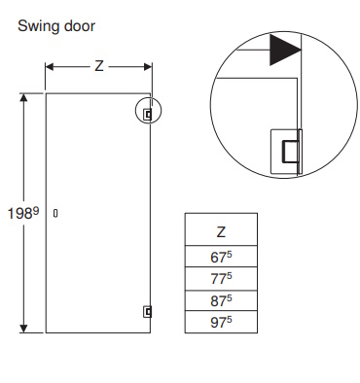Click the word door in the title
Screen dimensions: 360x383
80,26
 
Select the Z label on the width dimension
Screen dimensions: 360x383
99,66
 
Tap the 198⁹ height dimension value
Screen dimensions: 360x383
23,214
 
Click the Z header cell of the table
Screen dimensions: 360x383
221,229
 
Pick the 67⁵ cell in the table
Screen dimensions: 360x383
221,257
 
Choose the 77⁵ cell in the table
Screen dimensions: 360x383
221,278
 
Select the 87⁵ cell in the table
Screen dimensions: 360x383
221,300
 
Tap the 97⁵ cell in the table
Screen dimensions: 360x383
221,322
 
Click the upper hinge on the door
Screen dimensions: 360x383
148,114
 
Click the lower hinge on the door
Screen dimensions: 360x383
148,312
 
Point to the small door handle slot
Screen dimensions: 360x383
55,213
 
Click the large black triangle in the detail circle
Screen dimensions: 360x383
283,50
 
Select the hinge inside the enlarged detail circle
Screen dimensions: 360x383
286,152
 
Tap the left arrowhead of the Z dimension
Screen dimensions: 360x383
49,67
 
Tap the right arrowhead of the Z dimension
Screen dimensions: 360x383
148,67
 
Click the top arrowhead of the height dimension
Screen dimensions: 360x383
23,97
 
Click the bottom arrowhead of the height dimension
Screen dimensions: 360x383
23,329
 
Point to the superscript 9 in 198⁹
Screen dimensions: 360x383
36,211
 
